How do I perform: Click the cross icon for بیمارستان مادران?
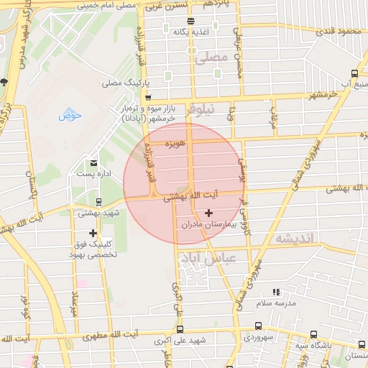tap(209, 213)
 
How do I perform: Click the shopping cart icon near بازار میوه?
tap(148, 96)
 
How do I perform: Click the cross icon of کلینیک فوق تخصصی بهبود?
tap(93, 233)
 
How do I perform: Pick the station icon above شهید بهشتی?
tap(98, 201)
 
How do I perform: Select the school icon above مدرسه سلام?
tap(276, 292)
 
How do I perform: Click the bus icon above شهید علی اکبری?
tap(179, 330)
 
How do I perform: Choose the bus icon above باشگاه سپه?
tap(313, 334)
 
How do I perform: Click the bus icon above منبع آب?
tap(354, 73)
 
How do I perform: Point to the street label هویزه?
tap(175, 144)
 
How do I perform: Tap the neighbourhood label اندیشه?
tap(292, 238)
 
